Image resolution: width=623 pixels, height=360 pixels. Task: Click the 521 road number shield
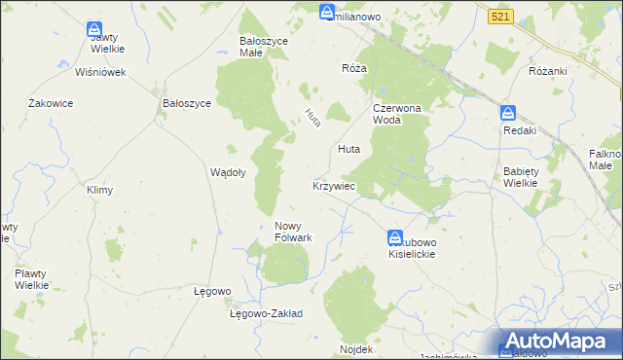coord(500,18)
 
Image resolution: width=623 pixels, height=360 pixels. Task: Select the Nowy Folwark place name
coord(292,232)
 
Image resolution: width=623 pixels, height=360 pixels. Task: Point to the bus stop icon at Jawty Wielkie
coord(94,30)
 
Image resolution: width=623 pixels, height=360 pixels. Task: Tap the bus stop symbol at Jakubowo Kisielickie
coord(395,236)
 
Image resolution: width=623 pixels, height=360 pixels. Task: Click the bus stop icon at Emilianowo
coord(326,12)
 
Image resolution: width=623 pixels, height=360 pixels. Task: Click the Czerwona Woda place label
coord(395,114)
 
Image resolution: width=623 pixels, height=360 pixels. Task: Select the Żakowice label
coord(52,102)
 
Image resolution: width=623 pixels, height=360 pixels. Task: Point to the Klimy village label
coord(100,190)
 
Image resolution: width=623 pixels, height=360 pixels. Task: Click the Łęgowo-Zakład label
coord(266,314)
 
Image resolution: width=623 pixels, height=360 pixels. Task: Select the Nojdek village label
coord(356,348)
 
